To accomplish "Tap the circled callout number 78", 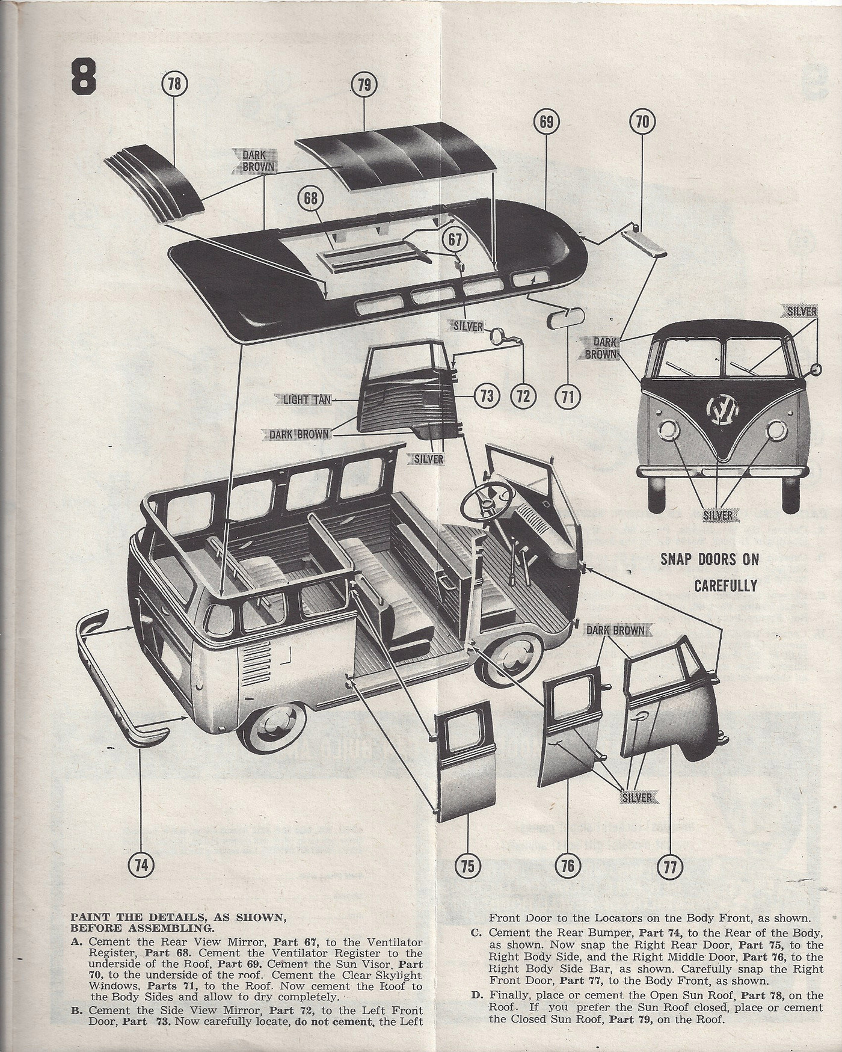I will (x=174, y=84).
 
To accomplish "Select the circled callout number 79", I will (x=364, y=84).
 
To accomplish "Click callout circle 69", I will (x=546, y=123).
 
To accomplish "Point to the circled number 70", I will (x=642, y=123).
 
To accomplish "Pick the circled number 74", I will (x=141, y=865).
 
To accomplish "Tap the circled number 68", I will (x=310, y=200).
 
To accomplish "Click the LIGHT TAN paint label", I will (x=307, y=399).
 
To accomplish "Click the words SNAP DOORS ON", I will (x=710, y=559).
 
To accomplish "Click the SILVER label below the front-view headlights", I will (x=718, y=515).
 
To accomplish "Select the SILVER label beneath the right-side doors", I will (x=637, y=798).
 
